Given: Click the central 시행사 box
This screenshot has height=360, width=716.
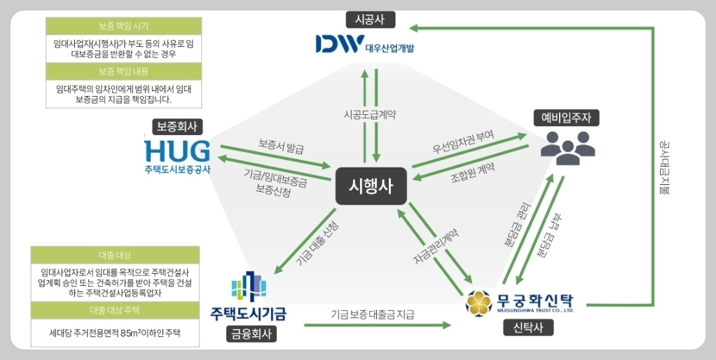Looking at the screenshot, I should [x=371, y=186].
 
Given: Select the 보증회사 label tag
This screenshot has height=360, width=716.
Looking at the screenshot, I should [x=178, y=127].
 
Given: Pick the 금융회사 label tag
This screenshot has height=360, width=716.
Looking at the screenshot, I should [x=251, y=334].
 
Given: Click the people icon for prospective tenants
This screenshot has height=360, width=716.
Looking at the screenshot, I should [x=567, y=145].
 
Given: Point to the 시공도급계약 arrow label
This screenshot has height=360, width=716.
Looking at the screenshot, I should [x=370, y=113].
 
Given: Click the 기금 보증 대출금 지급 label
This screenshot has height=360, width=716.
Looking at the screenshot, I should [x=373, y=314].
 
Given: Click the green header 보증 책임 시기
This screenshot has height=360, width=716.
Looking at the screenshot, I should [x=123, y=26].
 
